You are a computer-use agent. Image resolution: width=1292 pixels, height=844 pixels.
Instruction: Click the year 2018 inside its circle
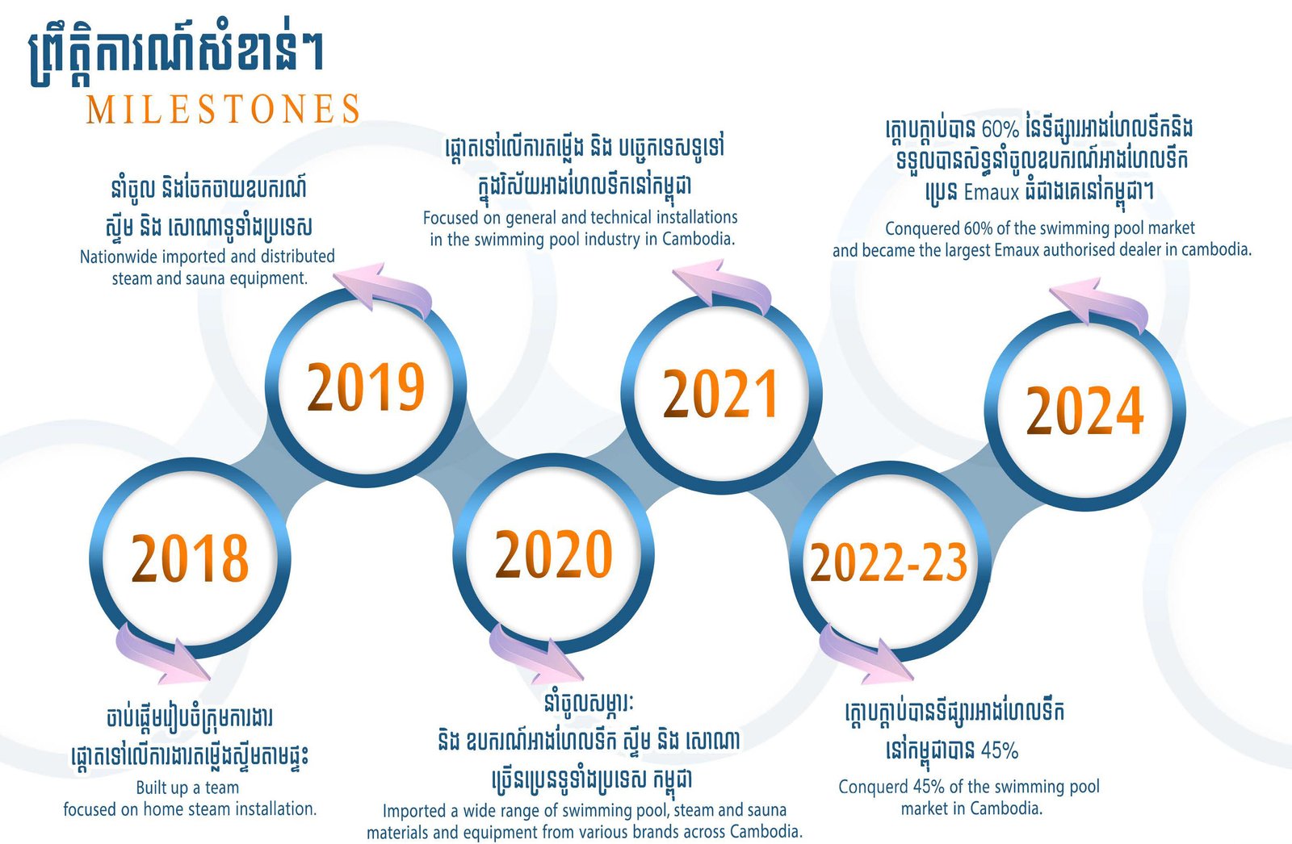pyautogui.click(x=190, y=558)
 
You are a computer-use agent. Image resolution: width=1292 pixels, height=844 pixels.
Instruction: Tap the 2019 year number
pyautogui.click(x=366, y=386)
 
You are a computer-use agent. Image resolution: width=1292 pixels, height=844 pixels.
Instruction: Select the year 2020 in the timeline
pyautogui.click(x=554, y=554)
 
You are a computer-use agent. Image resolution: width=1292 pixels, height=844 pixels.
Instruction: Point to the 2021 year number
pyautogui.click(x=719, y=393)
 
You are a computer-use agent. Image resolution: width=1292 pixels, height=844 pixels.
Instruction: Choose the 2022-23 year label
pyautogui.click(x=889, y=562)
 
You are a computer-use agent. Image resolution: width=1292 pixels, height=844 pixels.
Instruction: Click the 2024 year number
pyautogui.click(x=1085, y=410)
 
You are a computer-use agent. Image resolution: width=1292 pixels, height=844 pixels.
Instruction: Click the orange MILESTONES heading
pyautogui.click(x=223, y=109)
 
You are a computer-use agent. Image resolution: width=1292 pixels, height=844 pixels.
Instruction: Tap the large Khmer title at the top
pyautogui.click(x=176, y=57)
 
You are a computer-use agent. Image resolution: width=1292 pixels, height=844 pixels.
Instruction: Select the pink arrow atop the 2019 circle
pyautogui.click(x=384, y=288)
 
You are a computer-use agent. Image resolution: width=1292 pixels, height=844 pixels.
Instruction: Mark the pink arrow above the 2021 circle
pyautogui.click(x=722, y=286)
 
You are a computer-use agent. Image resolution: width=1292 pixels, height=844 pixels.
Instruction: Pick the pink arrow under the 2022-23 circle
pyautogui.click(x=865, y=654)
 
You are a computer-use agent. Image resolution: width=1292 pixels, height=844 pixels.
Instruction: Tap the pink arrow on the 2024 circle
pyautogui.click(x=1099, y=304)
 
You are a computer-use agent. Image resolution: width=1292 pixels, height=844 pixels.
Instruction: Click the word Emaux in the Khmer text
pyautogui.click(x=992, y=192)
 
